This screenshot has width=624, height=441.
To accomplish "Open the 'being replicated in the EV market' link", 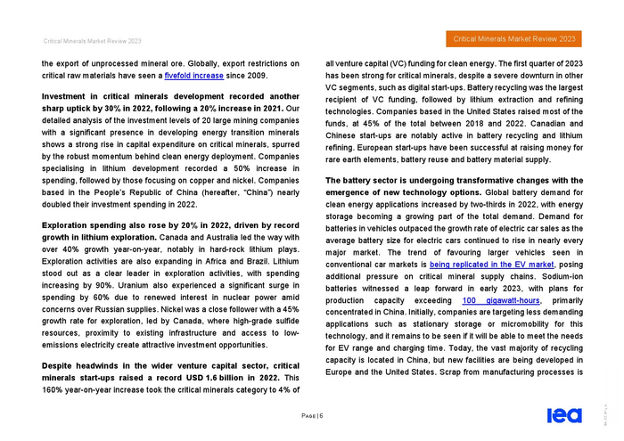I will tap(492, 265).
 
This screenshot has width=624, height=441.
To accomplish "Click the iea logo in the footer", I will tap(563, 414).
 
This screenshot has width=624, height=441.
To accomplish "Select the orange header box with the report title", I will tap(514, 39).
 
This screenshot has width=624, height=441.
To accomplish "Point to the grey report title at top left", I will tap(87, 40).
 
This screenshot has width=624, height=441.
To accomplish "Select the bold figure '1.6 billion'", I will tap(239, 378).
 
